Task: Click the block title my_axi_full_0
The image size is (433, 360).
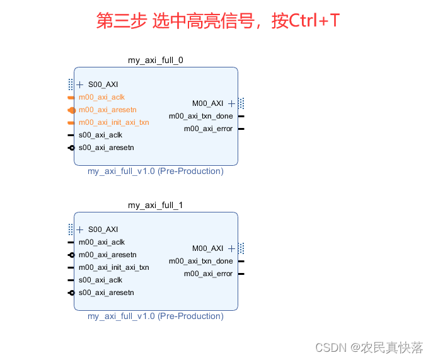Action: (156, 61)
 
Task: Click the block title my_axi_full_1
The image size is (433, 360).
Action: (156, 206)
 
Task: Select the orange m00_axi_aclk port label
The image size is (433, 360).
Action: (101, 97)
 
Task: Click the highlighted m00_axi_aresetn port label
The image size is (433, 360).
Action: (107, 110)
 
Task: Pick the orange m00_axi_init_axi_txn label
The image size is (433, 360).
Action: (113, 122)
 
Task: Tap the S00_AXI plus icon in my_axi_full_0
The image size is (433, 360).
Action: (80, 84)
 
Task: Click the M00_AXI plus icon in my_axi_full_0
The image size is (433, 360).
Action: (232, 103)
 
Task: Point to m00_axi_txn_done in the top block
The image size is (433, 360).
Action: (200, 116)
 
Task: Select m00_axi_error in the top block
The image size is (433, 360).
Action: (208, 129)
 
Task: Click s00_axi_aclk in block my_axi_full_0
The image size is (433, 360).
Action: (100, 135)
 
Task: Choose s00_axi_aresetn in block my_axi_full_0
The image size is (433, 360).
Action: (106, 148)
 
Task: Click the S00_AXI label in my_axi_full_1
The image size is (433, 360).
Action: (103, 229)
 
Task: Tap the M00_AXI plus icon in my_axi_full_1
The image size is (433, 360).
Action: (232, 248)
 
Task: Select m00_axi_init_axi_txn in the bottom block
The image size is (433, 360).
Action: (113, 267)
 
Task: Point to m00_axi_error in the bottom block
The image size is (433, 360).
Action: (208, 274)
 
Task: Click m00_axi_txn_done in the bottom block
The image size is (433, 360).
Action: (200, 261)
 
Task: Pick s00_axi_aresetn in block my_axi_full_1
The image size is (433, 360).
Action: (106, 293)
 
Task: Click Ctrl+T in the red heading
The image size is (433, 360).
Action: (315, 21)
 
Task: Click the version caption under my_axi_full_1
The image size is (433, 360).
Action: (156, 316)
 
